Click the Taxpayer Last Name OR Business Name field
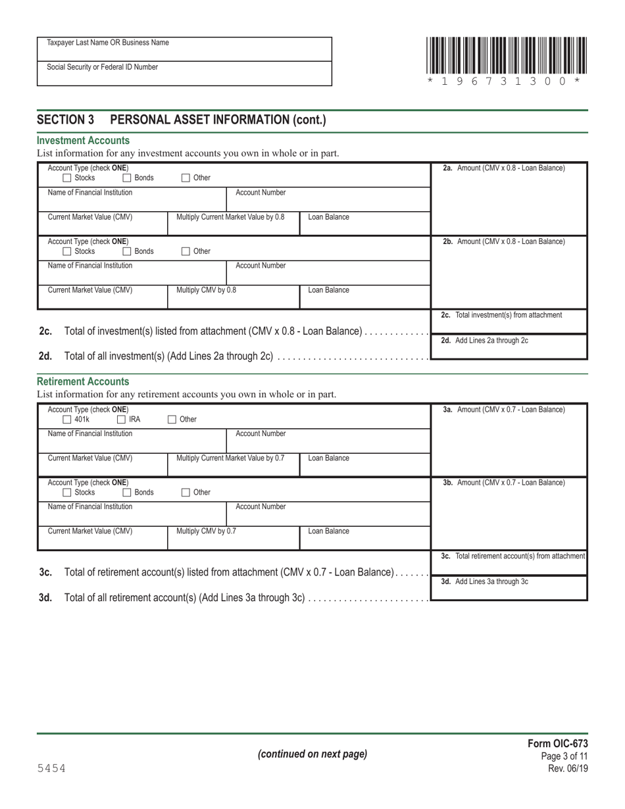184,49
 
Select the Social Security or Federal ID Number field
184,74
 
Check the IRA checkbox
122,419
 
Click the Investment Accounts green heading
83,141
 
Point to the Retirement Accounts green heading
83,381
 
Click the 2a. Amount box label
503,168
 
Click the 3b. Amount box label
503,483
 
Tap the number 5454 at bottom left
51,768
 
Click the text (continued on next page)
312,754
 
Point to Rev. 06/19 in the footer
568,768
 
